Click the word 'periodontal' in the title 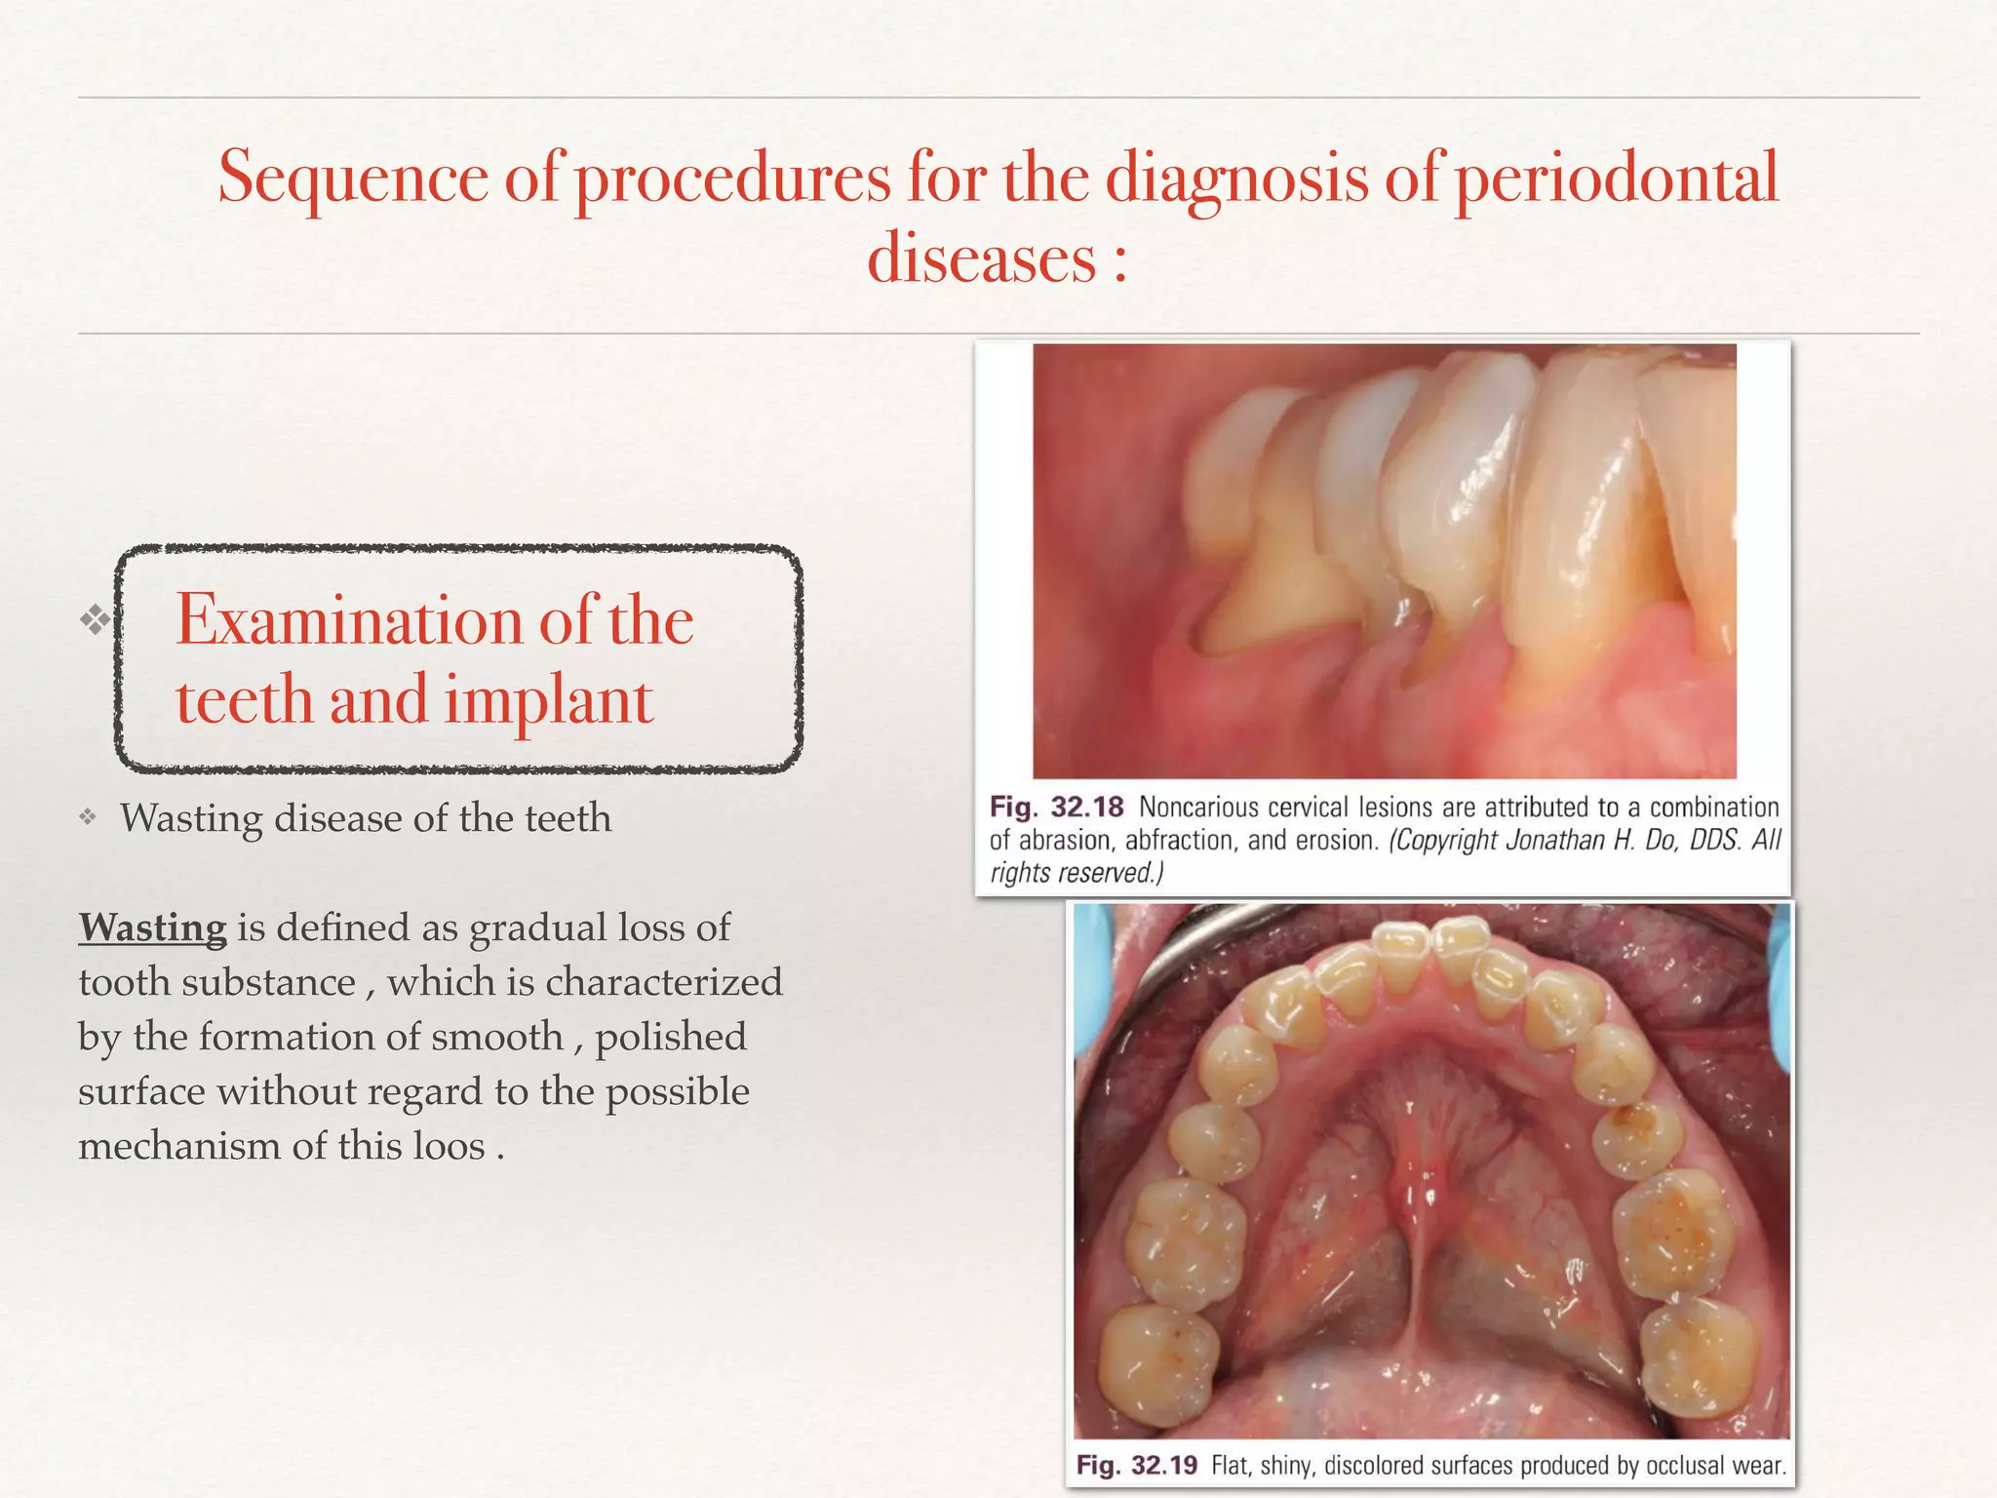[x=1616, y=179]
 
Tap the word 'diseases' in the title [x=981, y=259]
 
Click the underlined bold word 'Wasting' [x=152, y=926]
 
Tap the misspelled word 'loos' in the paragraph [x=449, y=1146]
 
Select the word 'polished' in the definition [x=671, y=1037]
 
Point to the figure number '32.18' [x=1087, y=808]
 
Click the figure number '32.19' [x=1163, y=1466]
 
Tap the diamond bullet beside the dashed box [x=95, y=619]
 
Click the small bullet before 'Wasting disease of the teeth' [x=88, y=817]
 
